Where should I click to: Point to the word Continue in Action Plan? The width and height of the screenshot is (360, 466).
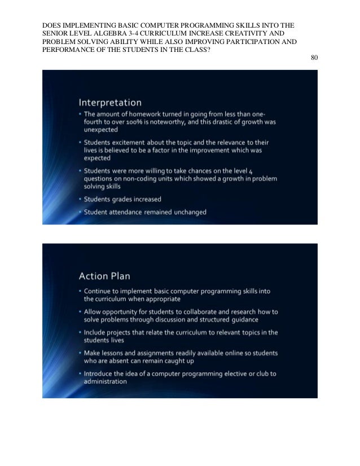(101, 291)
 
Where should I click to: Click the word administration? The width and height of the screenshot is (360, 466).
(106, 381)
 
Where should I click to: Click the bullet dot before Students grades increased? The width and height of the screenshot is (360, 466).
(80, 199)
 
